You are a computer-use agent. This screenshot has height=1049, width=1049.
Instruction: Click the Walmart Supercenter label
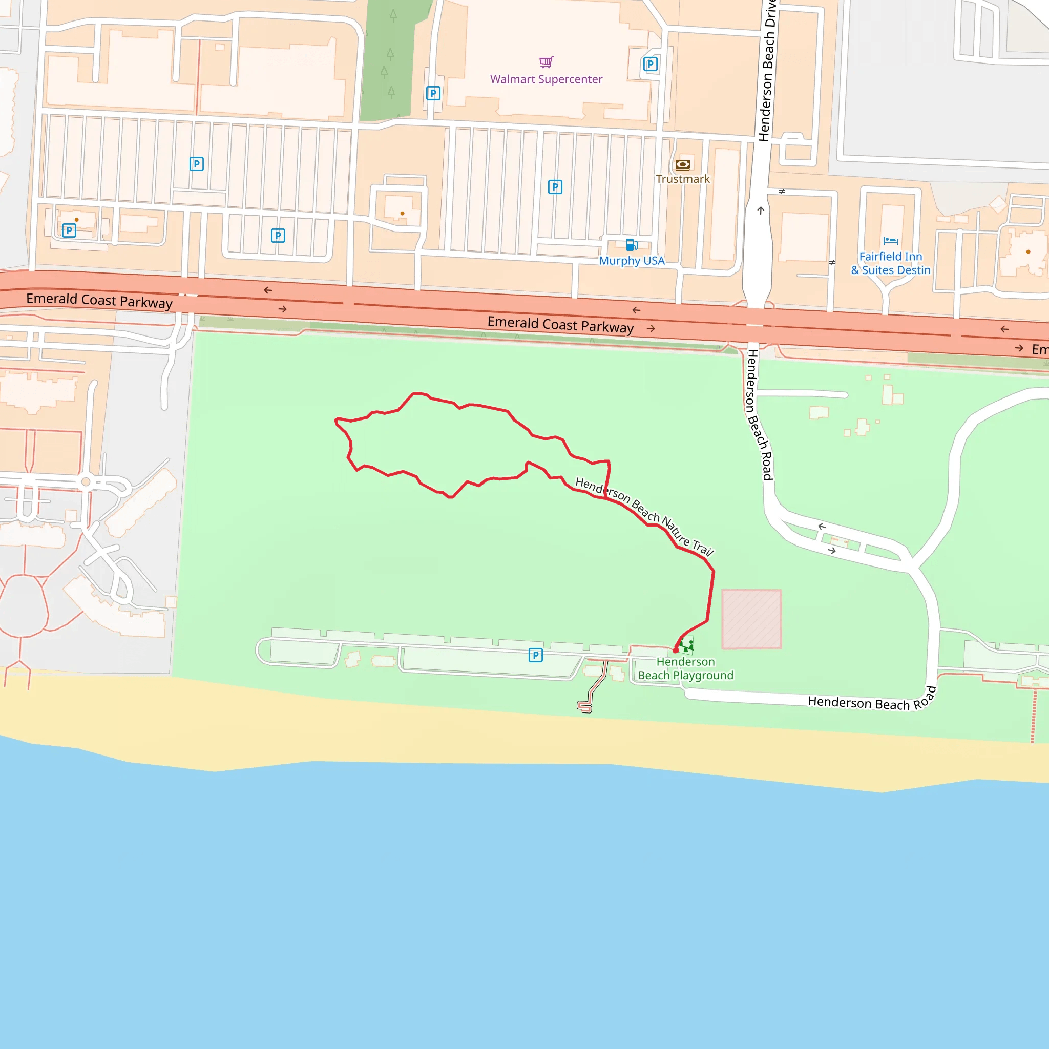pos(546,79)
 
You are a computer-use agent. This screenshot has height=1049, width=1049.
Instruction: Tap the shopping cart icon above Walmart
pos(546,61)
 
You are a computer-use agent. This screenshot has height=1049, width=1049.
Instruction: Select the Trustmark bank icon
pos(682,164)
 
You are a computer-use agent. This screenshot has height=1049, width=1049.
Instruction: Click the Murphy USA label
pos(632,261)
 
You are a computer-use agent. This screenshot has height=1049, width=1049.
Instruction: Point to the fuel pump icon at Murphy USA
pos(631,245)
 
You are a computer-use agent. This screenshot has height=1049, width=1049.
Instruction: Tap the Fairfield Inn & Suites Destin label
pos(890,263)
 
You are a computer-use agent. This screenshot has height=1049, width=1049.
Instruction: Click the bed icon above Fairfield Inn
pos(890,241)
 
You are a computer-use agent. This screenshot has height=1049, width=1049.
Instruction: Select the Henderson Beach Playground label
pos(685,668)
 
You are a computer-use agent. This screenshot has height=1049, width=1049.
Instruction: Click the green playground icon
pos(686,646)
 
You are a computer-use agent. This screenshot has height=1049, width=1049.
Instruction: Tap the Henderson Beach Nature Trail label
pos(644,516)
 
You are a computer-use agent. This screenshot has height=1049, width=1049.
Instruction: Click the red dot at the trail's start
pos(676,650)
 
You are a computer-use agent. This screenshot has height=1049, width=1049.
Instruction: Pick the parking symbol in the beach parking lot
pos(535,655)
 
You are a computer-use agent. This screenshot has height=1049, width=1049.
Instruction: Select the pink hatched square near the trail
pos(751,619)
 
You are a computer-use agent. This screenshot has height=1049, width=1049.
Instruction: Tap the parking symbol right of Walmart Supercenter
pos(650,65)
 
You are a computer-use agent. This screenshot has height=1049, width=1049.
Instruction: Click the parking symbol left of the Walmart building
pos(433,93)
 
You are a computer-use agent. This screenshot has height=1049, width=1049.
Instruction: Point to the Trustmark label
pos(682,179)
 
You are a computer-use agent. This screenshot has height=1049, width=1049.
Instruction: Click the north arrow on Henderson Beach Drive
pos(761,211)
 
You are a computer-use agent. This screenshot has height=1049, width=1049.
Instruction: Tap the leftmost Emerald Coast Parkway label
pos(99,300)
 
